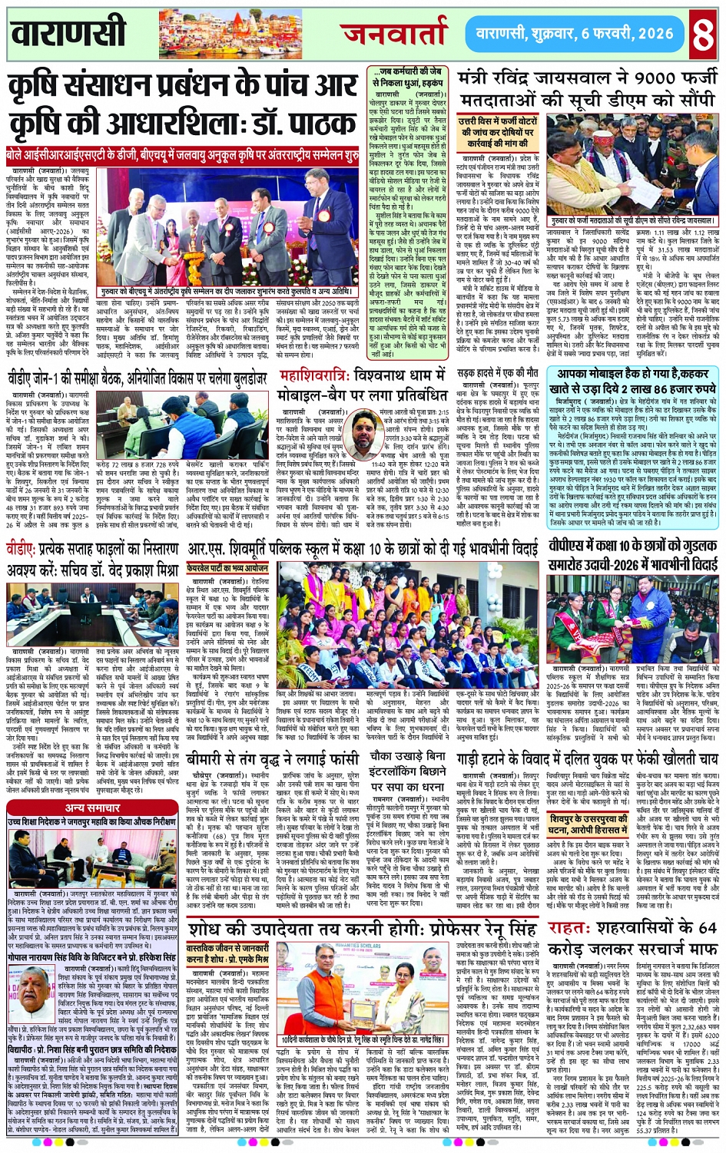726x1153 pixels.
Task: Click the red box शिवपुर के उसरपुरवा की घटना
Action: (588, 824)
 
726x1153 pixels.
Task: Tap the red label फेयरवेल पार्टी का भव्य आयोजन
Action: (227, 569)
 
